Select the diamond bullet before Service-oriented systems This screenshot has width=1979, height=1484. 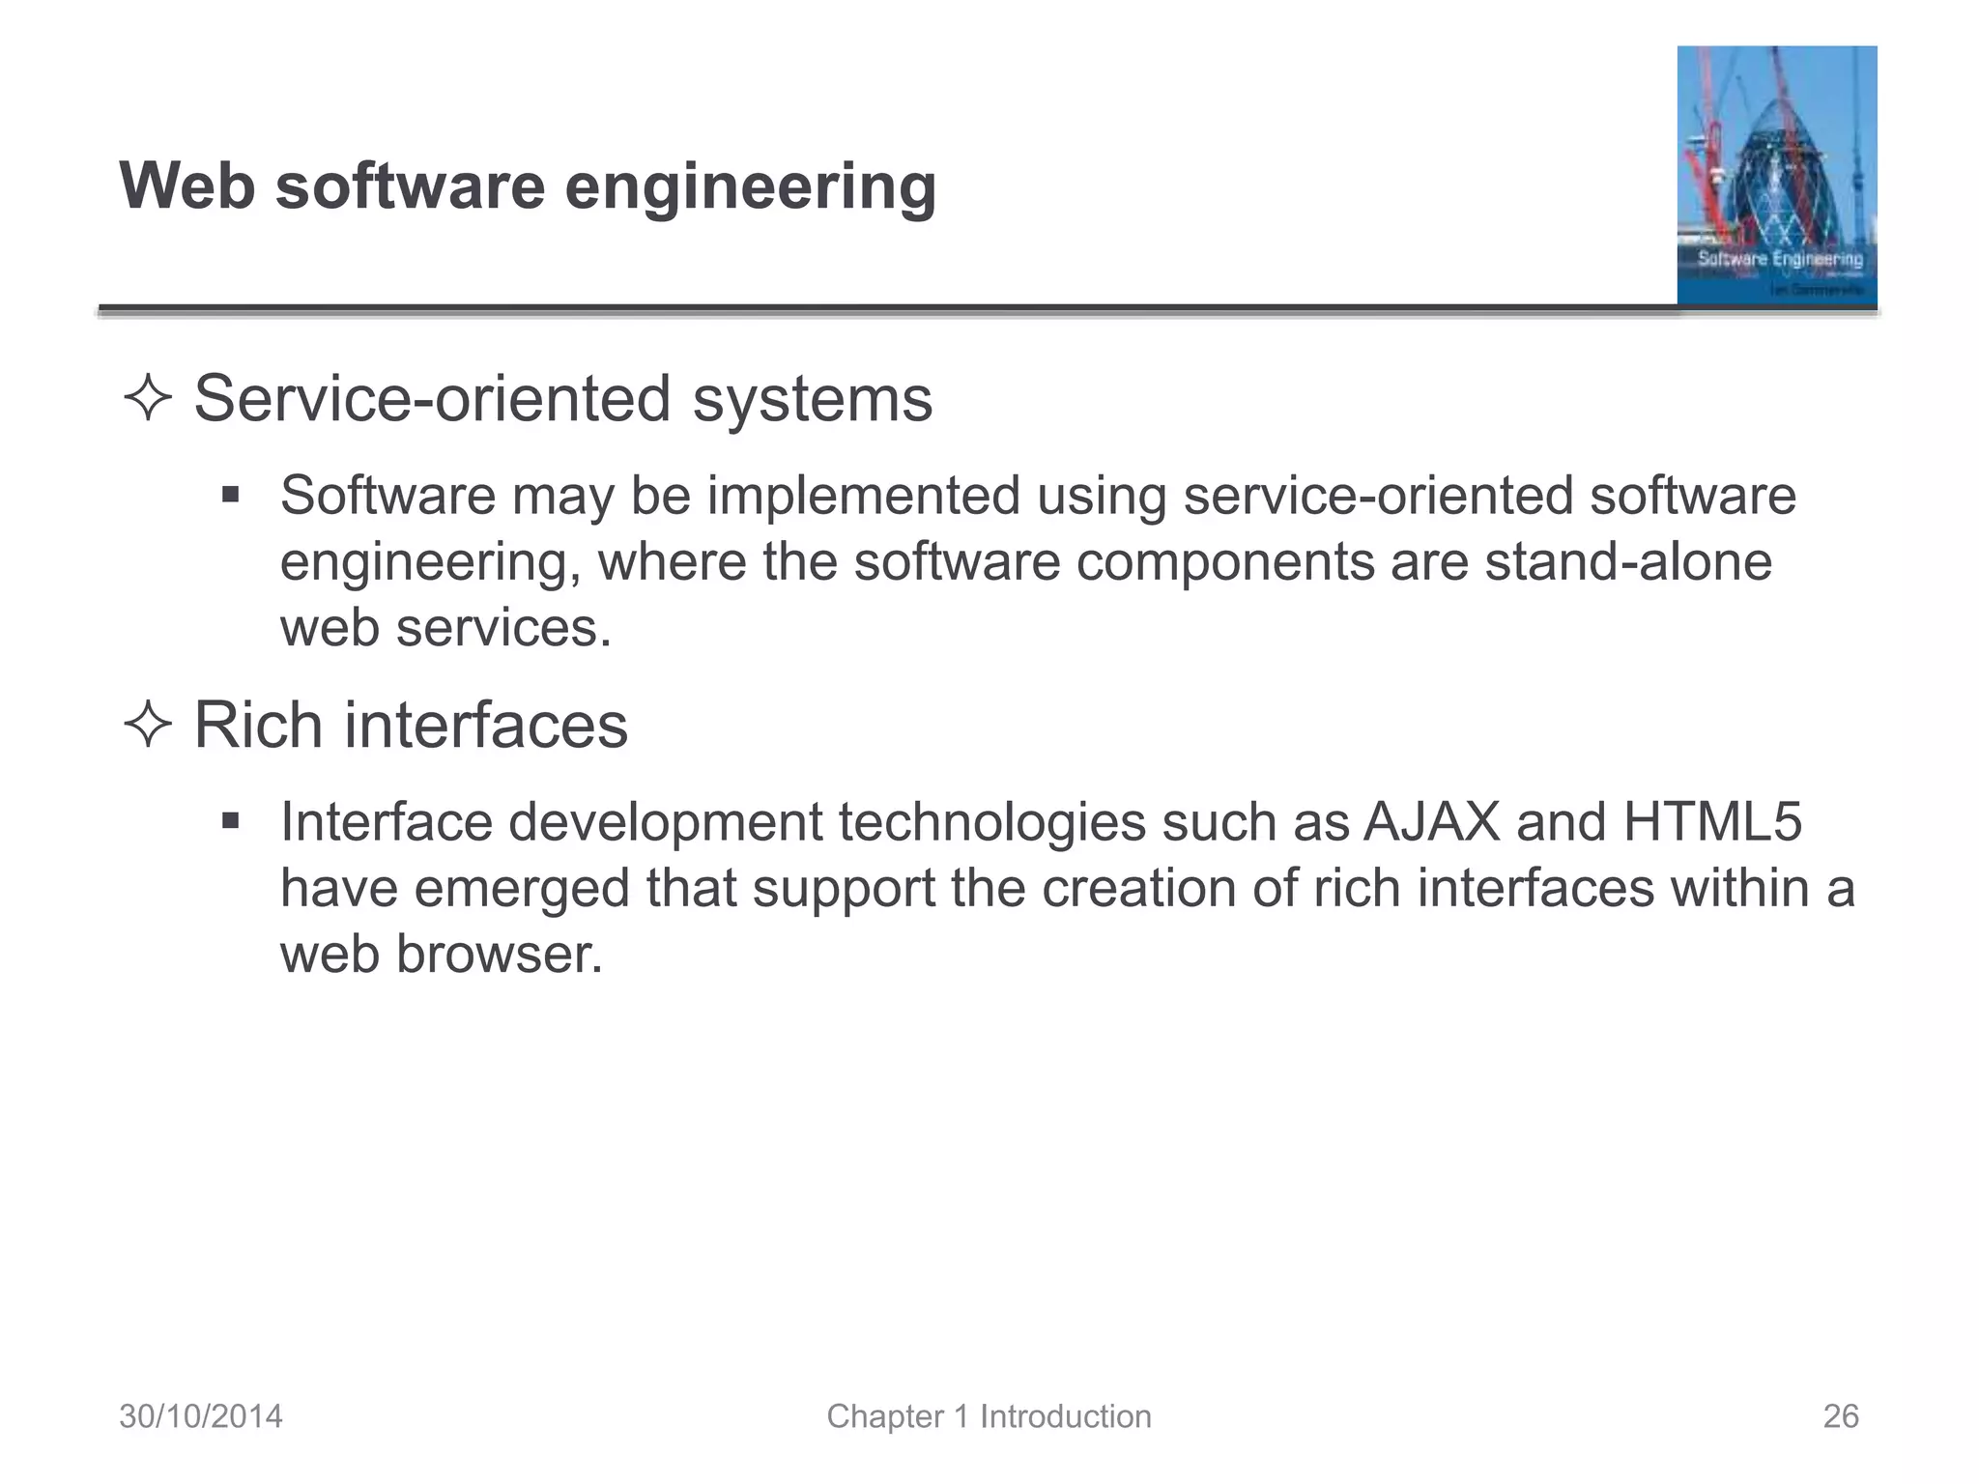148,400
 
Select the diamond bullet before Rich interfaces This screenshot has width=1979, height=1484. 148,726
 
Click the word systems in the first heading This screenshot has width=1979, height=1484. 812,400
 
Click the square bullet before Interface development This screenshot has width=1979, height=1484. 230,822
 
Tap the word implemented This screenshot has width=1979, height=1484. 863,497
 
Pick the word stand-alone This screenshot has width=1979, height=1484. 1628,562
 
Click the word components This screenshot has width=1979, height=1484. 1224,562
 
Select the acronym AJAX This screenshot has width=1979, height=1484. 1431,822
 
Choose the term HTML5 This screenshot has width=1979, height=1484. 1712,822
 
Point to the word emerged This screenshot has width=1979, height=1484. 522,889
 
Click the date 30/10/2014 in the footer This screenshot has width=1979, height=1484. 201,1416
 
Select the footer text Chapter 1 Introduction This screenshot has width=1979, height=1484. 989,1416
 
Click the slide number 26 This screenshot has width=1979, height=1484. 1840,1416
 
